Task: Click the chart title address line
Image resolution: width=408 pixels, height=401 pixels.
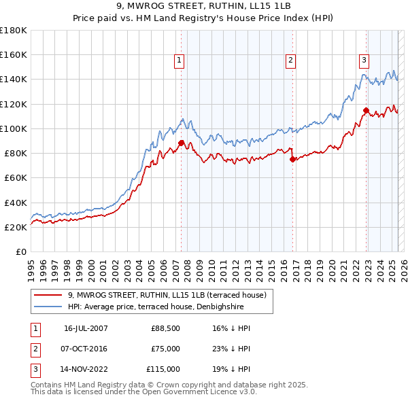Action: point(203,7)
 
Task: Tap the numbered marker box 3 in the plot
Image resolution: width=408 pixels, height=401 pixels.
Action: point(364,60)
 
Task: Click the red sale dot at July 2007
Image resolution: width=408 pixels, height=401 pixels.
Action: point(181,143)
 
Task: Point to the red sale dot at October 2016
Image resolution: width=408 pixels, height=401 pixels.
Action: point(292,159)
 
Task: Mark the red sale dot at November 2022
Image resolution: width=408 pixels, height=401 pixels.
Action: point(366,110)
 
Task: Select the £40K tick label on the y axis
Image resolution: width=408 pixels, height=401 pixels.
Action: point(15,203)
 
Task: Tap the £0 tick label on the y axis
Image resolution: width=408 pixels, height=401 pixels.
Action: point(20,252)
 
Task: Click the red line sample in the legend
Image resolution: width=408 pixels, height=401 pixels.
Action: point(48,294)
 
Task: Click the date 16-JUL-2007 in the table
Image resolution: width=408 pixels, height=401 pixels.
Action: point(86,328)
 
